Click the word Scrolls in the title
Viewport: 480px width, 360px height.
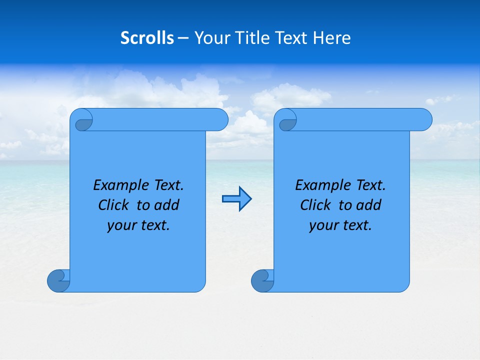[x=147, y=38]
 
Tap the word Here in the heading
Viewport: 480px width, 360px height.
[x=332, y=38]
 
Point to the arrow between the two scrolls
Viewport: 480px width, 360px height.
[x=236, y=199]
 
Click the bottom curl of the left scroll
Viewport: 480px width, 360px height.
[x=58, y=280]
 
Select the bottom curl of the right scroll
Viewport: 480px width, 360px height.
[x=262, y=280]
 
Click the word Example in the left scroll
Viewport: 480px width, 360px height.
[x=118, y=185]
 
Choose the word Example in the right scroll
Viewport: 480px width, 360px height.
[x=320, y=185]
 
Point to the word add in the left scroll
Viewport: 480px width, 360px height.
[x=167, y=205]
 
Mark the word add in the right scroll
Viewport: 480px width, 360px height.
[x=369, y=205]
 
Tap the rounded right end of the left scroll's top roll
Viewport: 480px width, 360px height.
[x=220, y=119]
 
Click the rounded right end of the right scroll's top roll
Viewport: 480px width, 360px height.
[x=424, y=119]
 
